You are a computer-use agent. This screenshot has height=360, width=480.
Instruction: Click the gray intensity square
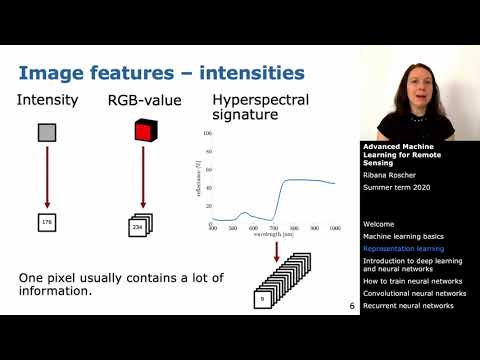click(x=48, y=133)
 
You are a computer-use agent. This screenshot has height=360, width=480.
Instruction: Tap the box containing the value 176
click(x=47, y=222)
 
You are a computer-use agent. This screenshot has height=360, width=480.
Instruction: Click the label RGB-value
click(x=141, y=100)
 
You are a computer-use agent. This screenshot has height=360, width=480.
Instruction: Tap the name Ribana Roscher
click(x=391, y=172)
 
